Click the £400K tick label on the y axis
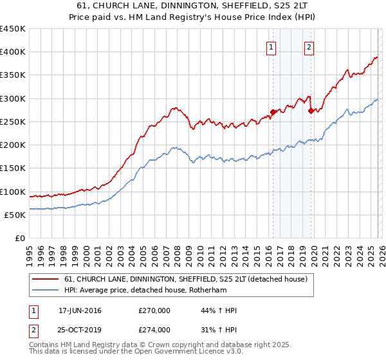click(x=13, y=52)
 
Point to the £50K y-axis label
click(x=15, y=215)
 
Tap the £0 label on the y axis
click(x=19, y=238)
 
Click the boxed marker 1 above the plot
click(x=271, y=47)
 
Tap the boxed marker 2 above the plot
click(x=309, y=47)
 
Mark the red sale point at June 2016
click(x=273, y=112)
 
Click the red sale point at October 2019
click(x=311, y=111)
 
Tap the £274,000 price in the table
click(x=154, y=330)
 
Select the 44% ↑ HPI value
click(x=219, y=310)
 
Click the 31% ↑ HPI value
click(x=219, y=330)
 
